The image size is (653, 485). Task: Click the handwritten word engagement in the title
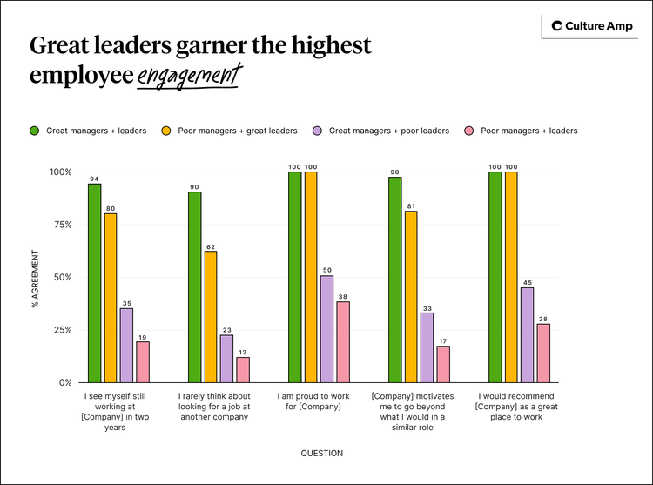pyautogui.click(x=186, y=76)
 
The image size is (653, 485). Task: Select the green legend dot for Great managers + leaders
pyautogui.click(x=35, y=131)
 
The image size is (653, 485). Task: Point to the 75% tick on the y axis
pyautogui.click(x=60, y=225)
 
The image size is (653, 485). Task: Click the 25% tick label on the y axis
pyautogui.click(x=60, y=330)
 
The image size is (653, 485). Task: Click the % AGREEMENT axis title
pyautogui.click(x=36, y=279)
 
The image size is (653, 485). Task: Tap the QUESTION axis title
pyautogui.click(x=322, y=453)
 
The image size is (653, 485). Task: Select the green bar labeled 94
pyautogui.click(x=94, y=283)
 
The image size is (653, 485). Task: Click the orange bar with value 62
pyautogui.click(x=211, y=316)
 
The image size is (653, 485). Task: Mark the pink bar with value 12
pyautogui.click(x=243, y=369)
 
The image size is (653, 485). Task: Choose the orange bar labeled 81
pyautogui.click(x=411, y=296)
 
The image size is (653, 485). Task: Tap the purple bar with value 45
pyautogui.click(x=528, y=334)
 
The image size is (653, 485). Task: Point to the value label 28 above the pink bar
pyautogui.click(x=543, y=318)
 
